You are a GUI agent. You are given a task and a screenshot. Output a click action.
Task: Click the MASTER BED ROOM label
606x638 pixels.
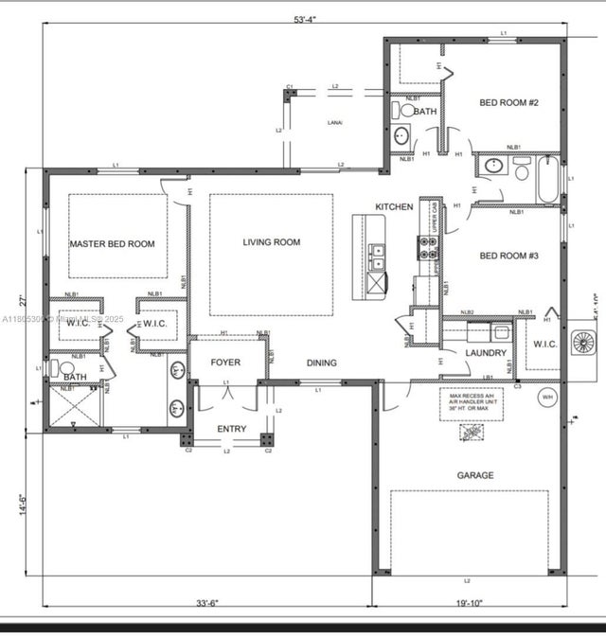click(112, 244)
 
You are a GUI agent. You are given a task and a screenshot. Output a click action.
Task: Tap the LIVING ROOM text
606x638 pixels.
click(271, 242)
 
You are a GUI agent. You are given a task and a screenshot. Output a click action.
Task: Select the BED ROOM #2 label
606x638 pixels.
click(508, 102)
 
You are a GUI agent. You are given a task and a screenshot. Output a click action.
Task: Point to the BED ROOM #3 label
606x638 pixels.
click(508, 256)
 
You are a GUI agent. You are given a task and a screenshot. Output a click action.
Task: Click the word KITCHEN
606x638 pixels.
click(395, 206)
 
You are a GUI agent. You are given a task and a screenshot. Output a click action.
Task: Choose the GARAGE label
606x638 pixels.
click(475, 475)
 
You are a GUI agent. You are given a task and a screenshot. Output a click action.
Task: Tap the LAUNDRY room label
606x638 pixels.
click(486, 353)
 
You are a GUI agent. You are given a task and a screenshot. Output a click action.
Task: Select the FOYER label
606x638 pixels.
click(225, 363)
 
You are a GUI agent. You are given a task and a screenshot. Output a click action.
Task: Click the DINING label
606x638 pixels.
click(321, 363)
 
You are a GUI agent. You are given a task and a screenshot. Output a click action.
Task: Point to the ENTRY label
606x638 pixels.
click(232, 429)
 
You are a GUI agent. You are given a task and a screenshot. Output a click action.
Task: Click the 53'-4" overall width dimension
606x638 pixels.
click(305, 20)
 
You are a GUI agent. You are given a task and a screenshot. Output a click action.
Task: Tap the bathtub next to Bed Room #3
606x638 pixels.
click(548, 180)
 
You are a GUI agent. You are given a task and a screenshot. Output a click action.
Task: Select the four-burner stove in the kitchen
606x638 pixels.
click(427, 248)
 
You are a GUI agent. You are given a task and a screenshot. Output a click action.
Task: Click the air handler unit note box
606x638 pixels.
click(471, 403)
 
